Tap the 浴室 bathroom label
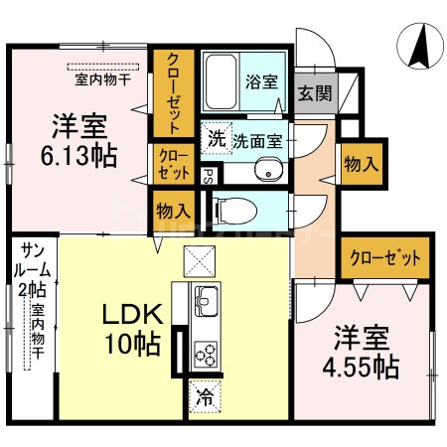click(263, 83)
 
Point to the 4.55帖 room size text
click(360, 368)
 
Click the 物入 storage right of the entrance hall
click(359, 165)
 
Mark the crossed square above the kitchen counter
click(199, 260)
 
